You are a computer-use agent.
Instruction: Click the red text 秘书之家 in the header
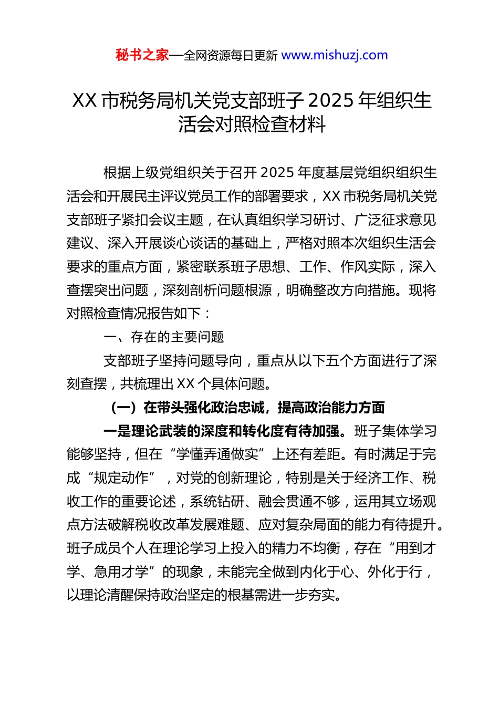pyautogui.click(x=142, y=55)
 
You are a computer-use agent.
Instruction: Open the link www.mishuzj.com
pyautogui.click(x=335, y=55)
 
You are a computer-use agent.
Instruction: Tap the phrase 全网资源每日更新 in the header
pyautogui.click(x=230, y=56)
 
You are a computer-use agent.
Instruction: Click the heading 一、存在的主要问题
pyautogui.click(x=164, y=337)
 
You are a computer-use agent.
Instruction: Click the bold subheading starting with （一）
pyautogui.click(x=247, y=407)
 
